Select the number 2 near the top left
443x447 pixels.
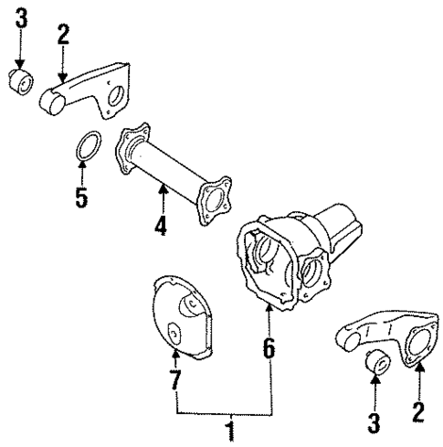coord(63,37)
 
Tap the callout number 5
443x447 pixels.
coord(82,197)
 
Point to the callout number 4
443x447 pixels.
coord(161,223)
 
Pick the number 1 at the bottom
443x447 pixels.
coord(230,427)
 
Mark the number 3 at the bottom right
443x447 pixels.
coord(374,422)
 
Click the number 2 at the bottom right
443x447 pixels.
coord(419,412)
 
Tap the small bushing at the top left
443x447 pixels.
coord(21,82)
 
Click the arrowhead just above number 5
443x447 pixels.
coord(83,168)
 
